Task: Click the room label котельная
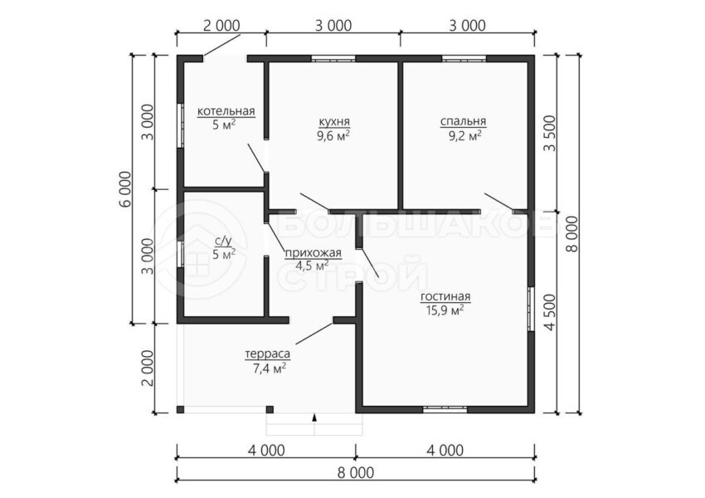pyautogui.click(x=226, y=111)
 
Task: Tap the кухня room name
pyautogui.click(x=334, y=121)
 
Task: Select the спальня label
pyautogui.click(x=463, y=121)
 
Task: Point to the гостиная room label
pyautogui.click(x=445, y=297)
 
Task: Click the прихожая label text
pyautogui.click(x=314, y=253)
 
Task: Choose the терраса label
pyautogui.click(x=268, y=354)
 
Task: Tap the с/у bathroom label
pyautogui.click(x=224, y=243)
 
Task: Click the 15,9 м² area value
pyautogui.click(x=445, y=310)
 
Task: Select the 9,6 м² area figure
pyautogui.click(x=333, y=135)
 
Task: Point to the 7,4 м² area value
pyautogui.click(x=270, y=369)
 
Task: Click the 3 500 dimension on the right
pyautogui.click(x=550, y=134)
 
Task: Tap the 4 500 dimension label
pyautogui.click(x=550, y=313)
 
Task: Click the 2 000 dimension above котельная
pyautogui.click(x=221, y=26)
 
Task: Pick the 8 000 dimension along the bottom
pyautogui.click(x=355, y=473)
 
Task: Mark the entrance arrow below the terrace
pyautogui.click(x=314, y=418)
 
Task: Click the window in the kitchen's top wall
pyautogui.click(x=333, y=58)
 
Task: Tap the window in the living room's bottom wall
pyautogui.click(x=445, y=409)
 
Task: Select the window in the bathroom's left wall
pyautogui.click(x=180, y=255)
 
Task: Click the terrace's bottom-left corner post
pyautogui.click(x=180, y=409)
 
